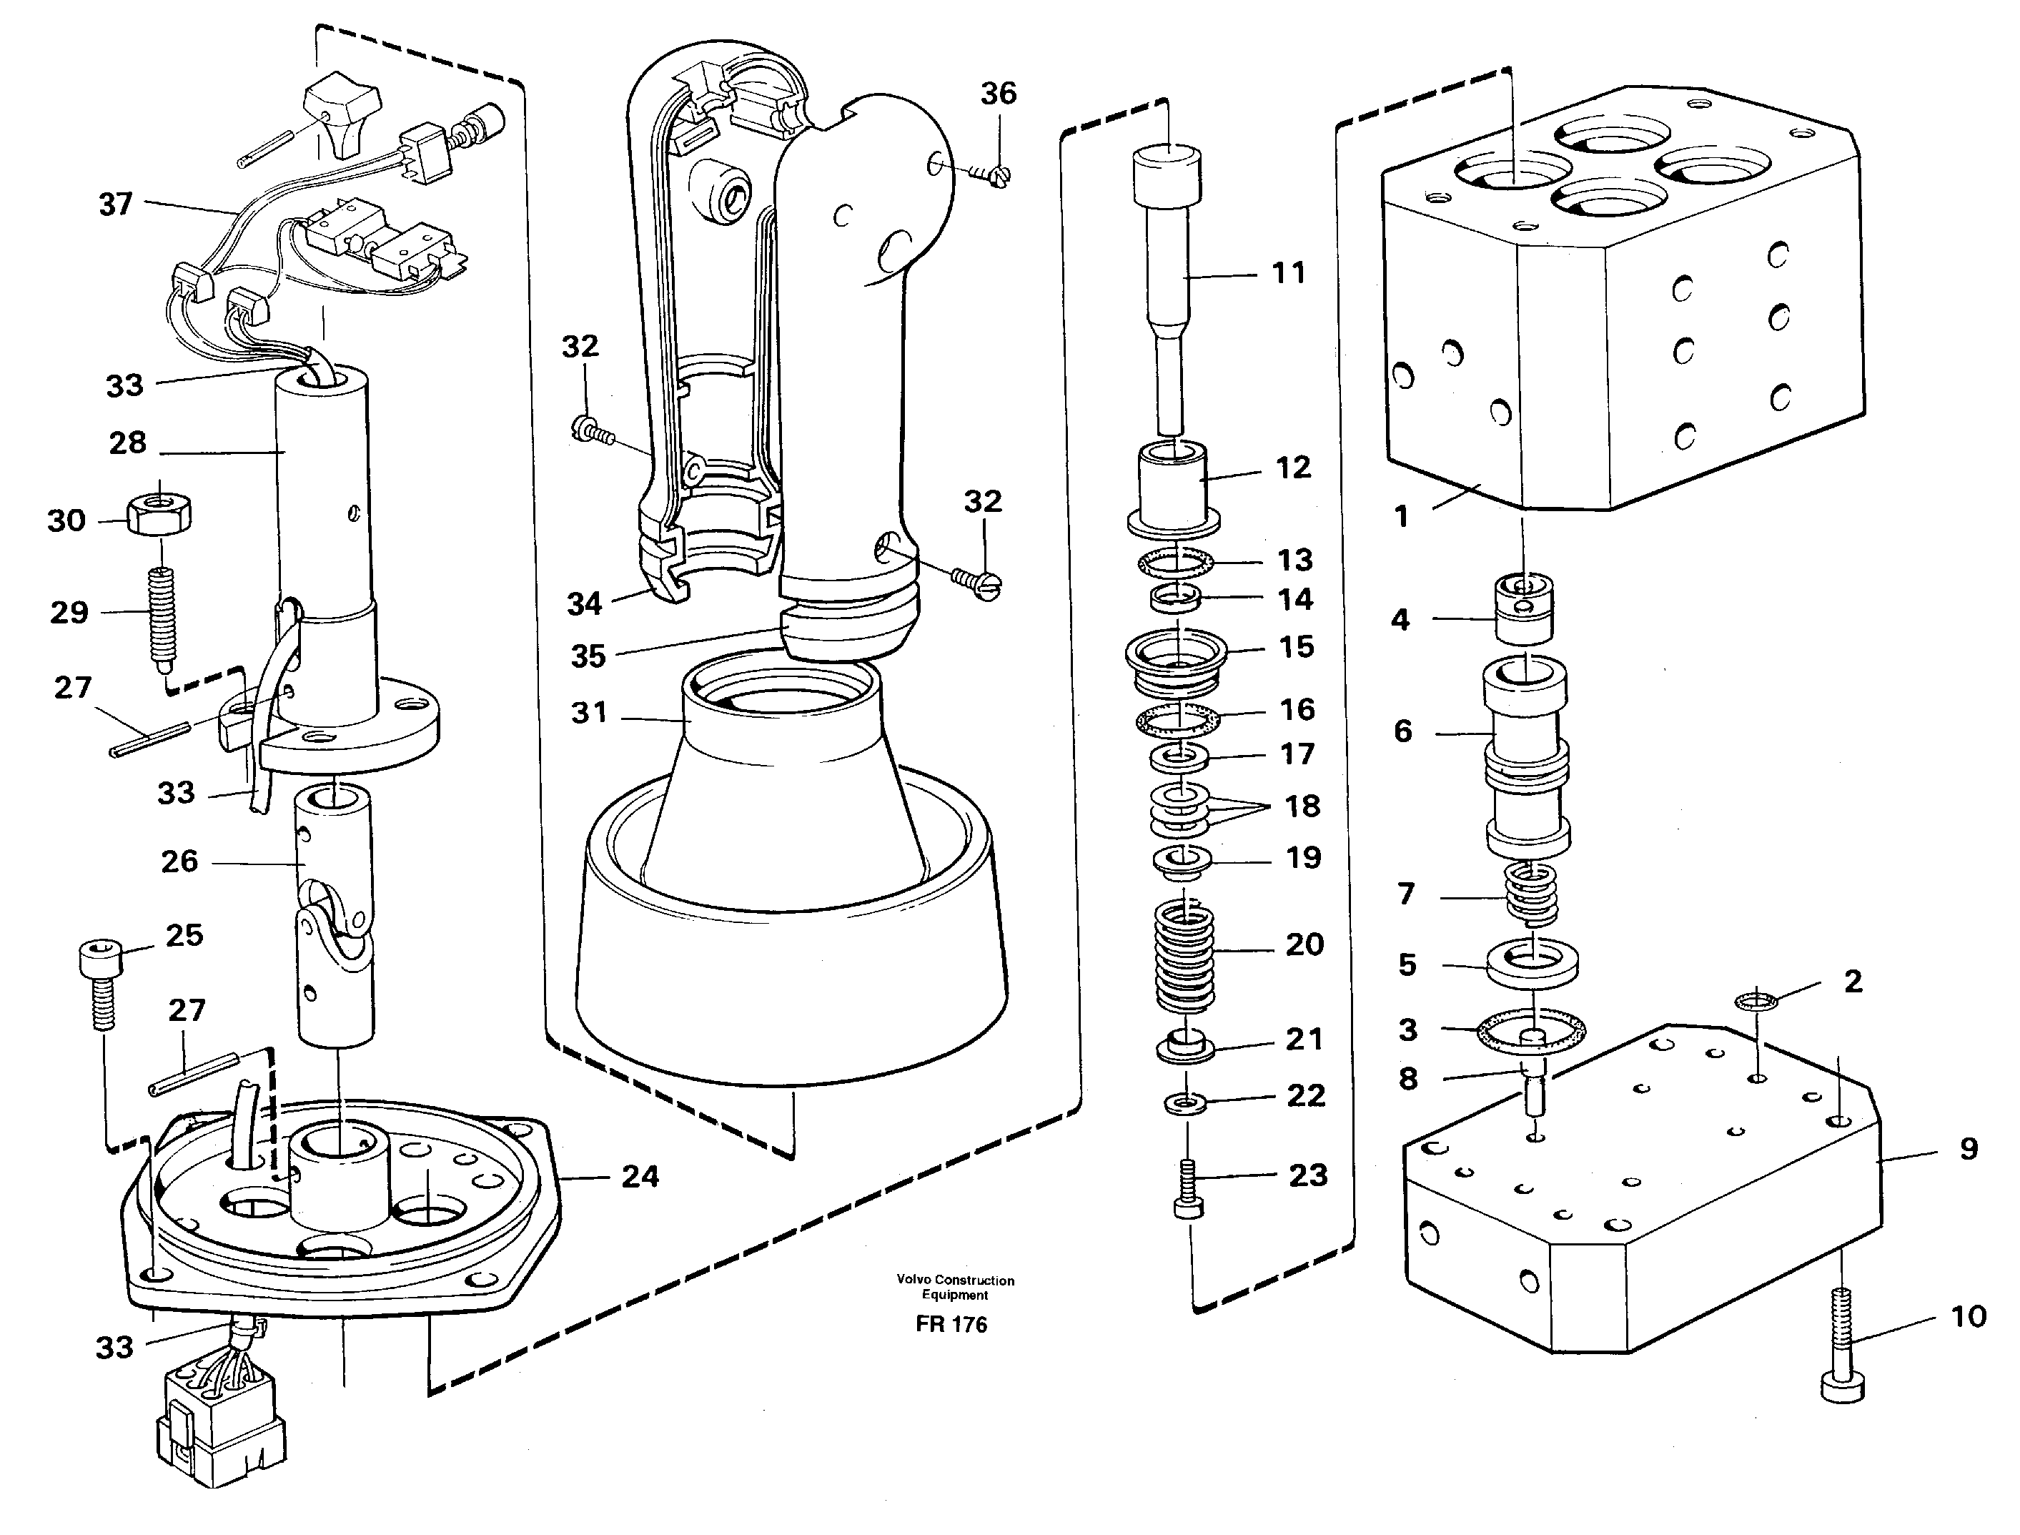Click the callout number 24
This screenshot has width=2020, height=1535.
click(640, 1176)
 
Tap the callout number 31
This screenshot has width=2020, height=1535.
click(589, 713)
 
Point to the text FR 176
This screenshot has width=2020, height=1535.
click(951, 1324)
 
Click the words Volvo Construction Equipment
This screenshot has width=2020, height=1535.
click(955, 1286)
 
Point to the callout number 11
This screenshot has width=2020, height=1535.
click(1288, 272)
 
